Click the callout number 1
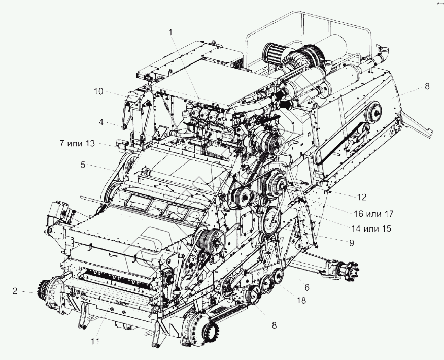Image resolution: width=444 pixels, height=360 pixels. tap(171, 31)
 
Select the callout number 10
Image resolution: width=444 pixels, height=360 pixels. tap(98, 91)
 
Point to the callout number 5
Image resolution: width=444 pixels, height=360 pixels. tap(82, 165)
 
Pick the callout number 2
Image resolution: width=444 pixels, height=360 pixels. tap(15, 291)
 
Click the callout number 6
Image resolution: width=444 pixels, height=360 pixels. tap(306, 287)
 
